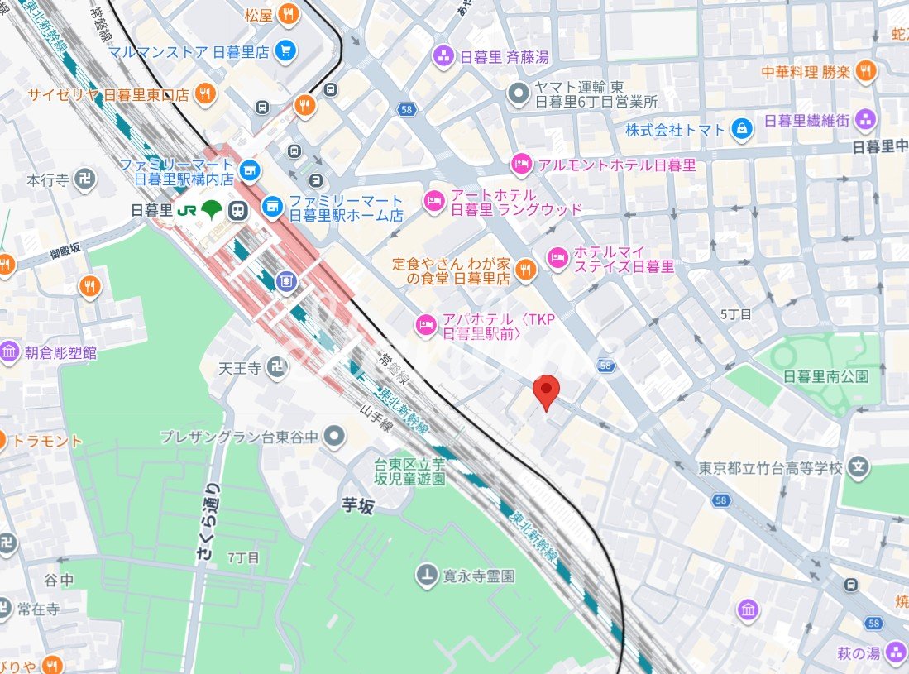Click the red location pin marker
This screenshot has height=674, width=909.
click(545, 391)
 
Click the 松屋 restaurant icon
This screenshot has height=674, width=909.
click(288, 13)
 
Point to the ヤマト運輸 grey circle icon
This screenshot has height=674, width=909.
click(519, 93)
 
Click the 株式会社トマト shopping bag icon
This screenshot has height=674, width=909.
click(743, 129)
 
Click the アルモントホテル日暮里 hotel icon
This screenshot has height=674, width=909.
click(521, 165)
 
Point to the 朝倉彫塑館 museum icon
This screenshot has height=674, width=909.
click(10, 352)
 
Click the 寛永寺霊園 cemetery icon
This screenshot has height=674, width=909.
click(427, 575)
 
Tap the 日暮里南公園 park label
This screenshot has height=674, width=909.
click(825, 376)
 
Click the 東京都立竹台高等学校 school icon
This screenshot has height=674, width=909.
click(860, 467)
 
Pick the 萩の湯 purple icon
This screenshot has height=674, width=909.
click(896, 653)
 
